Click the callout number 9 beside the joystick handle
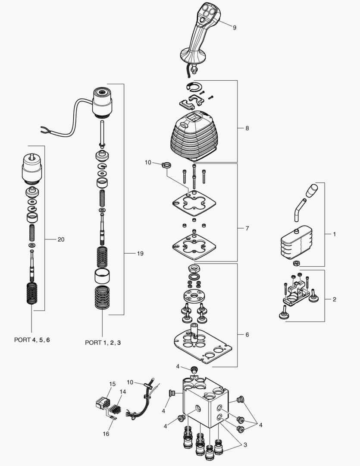click(x=235, y=28)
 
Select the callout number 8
click(x=247, y=128)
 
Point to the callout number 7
click(x=247, y=228)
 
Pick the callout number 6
click(x=247, y=334)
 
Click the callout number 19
click(x=140, y=253)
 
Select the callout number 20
click(x=61, y=239)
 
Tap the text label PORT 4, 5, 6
click(x=32, y=340)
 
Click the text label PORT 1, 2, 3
click(x=103, y=343)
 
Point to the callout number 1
click(x=334, y=234)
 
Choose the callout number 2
click(x=334, y=299)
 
